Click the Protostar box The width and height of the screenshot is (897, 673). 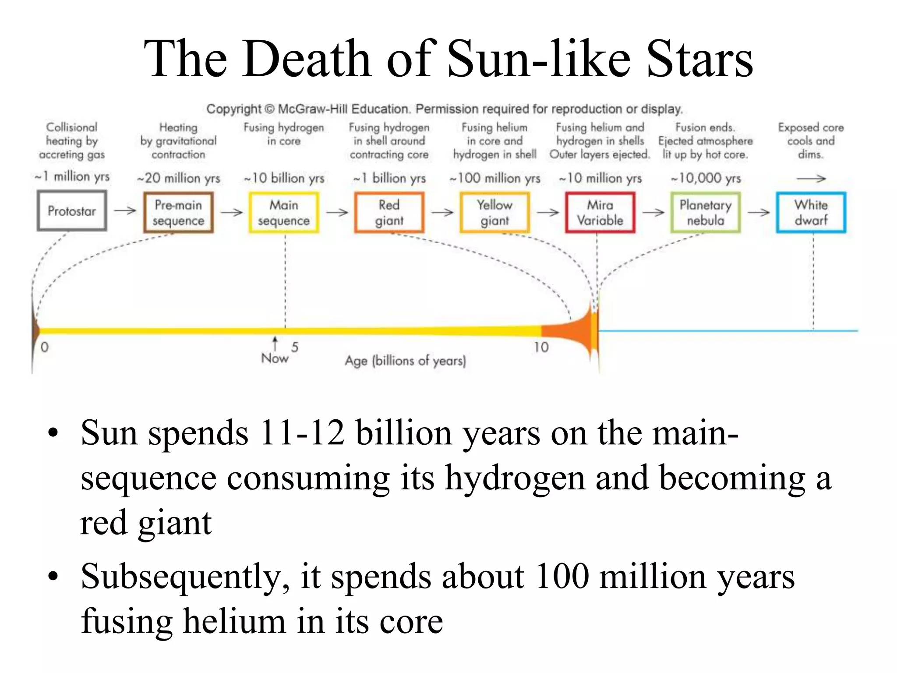point(72,211)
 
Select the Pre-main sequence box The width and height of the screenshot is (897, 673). point(178,213)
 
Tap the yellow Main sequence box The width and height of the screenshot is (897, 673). point(284,213)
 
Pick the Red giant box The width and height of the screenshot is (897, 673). point(389,213)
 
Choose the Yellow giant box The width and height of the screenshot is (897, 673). point(495,213)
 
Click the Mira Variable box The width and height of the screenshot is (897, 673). point(600,213)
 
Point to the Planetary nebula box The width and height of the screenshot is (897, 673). point(706,213)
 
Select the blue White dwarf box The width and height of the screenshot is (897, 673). point(811,213)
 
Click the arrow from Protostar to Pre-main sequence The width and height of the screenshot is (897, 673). point(125,211)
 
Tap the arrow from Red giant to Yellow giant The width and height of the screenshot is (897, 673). point(442,213)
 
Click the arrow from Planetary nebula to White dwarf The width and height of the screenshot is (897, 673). point(759,213)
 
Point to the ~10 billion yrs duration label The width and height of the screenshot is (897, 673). point(284,178)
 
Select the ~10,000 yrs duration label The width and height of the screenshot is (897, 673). point(706,178)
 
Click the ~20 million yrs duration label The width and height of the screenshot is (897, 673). point(179,178)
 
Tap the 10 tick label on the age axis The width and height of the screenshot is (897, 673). point(541,347)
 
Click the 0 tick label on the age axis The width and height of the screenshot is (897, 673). point(44,347)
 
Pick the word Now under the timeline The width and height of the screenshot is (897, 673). point(275,358)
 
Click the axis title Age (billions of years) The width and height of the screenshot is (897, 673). point(405,361)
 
